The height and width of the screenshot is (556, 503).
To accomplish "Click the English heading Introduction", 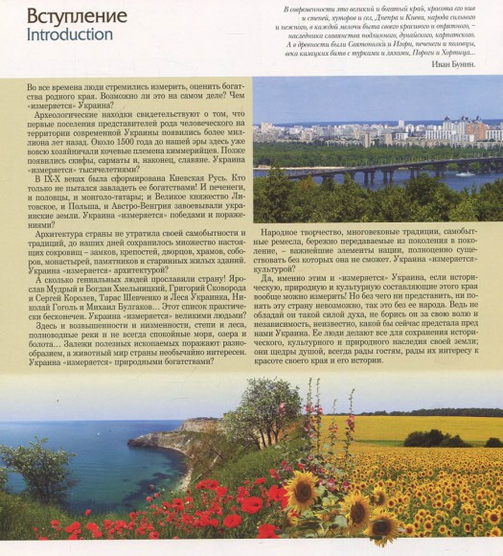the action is coord(70,35).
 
